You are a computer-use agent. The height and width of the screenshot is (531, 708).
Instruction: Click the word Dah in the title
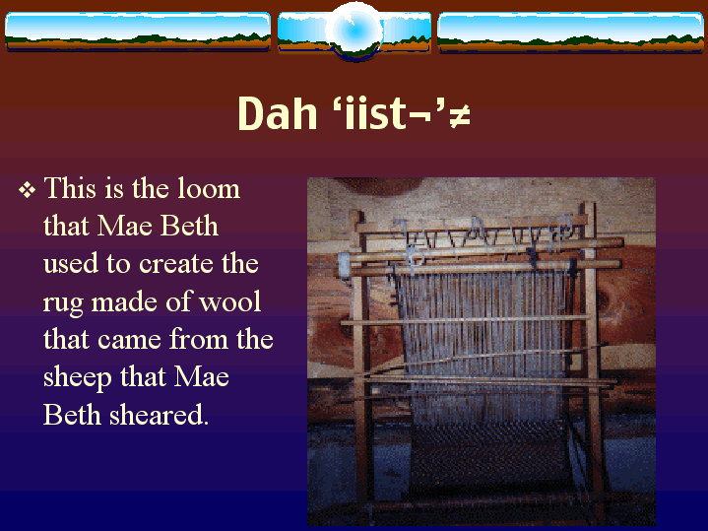(x=278, y=113)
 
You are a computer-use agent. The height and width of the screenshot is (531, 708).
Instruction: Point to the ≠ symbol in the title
(x=460, y=116)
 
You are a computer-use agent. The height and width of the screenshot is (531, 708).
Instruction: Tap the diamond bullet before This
(x=28, y=190)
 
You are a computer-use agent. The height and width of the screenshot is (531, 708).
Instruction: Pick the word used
(x=71, y=263)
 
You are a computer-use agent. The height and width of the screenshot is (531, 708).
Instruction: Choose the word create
(x=176, y=263)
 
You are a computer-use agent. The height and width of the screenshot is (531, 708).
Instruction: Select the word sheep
(x=77, y=378)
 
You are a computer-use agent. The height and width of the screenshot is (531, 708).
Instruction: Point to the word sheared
(x=160, y=415)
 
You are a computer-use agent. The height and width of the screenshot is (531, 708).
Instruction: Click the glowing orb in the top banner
(x=354, y=31)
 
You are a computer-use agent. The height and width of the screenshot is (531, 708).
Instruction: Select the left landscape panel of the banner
(x=138, y=32)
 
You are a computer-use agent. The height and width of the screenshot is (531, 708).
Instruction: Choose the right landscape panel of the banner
(x=570, y=33)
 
